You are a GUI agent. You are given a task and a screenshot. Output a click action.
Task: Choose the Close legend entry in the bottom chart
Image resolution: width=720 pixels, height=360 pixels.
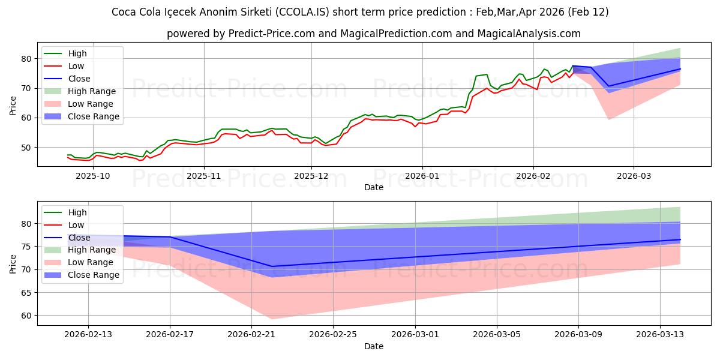[x=79, y=237]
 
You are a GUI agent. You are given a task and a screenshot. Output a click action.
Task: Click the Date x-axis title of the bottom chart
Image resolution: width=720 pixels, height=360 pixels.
[x=373, y=347]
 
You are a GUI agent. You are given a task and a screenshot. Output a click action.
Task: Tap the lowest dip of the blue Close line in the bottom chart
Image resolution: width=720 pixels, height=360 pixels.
[x=272, y=266]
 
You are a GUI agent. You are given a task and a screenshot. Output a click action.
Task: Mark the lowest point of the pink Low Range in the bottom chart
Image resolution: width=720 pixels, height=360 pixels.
[x=272, y=319]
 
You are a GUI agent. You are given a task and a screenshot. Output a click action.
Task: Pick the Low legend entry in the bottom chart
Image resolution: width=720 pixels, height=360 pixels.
[x=77, y=224]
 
